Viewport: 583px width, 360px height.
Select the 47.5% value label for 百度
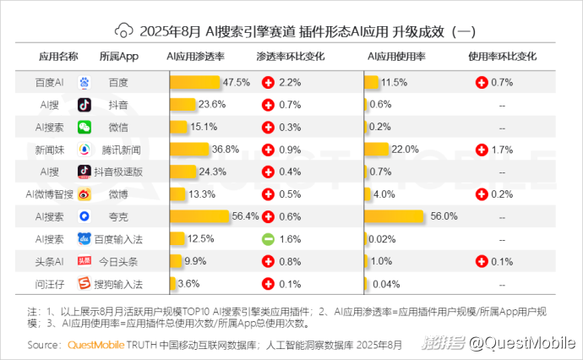[x=236, y=83]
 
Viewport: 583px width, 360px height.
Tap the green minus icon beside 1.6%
[x=267, y=238]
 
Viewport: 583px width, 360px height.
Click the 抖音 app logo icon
[x=84, y=105]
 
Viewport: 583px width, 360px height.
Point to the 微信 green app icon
[x=84, y=127]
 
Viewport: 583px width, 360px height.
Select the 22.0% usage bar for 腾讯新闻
[x=377, y=150]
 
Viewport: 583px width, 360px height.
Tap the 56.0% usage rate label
[x=444, y=215]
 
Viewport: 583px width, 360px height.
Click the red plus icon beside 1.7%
[x=481, y=150]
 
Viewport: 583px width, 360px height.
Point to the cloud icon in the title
[x=125, y=31]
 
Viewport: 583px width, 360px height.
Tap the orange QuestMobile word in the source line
[x=95, y=345]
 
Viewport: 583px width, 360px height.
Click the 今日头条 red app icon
[x=84, y=260]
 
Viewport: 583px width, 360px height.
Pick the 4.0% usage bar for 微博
[x=368, y=194]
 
